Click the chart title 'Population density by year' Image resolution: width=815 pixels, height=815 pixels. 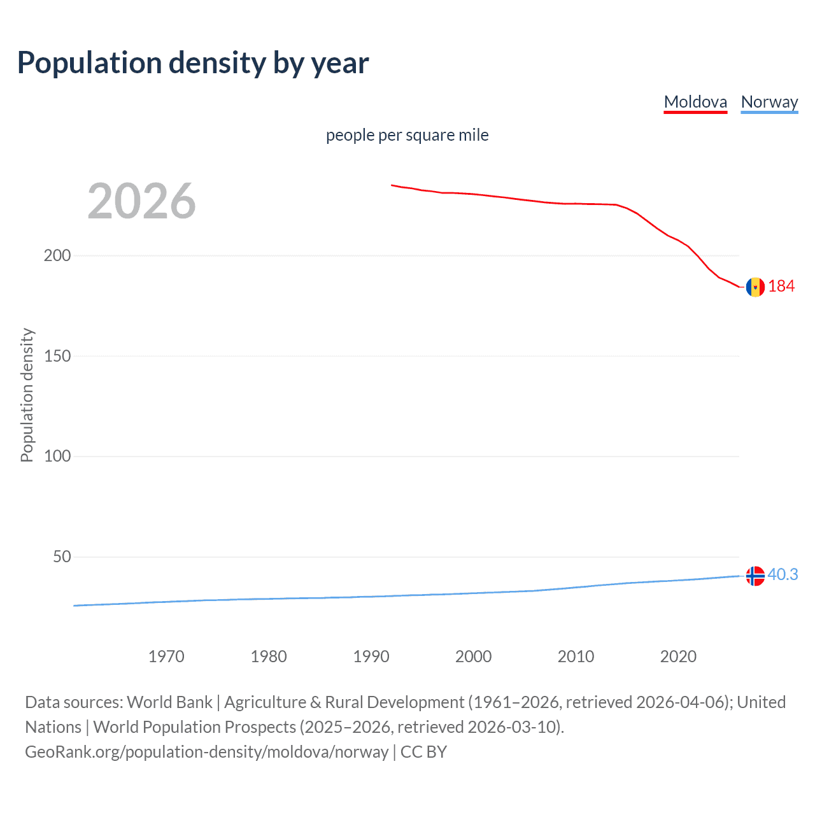pos(193,63)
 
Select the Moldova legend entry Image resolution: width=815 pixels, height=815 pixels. pos(695,102)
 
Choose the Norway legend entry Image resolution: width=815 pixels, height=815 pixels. pos(769,102)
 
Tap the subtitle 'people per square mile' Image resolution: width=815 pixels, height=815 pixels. pos(407,135)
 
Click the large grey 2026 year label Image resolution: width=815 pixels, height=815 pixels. pos(141,201)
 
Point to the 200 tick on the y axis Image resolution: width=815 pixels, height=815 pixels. pos(57,255)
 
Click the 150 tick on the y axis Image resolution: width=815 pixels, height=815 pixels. pos(57,356)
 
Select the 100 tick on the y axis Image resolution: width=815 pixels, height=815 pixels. pos(57,456)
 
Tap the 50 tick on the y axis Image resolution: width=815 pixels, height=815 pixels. pos(62,556)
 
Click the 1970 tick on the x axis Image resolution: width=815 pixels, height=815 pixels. pos(166,656)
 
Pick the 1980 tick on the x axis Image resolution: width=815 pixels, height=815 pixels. pos(269,656)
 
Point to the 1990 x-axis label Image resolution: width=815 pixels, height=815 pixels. pos(371,656)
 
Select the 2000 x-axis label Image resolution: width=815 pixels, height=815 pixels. pos(473,656)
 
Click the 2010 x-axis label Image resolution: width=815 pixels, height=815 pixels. pos(576,656)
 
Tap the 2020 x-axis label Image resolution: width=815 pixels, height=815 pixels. pos(678,656)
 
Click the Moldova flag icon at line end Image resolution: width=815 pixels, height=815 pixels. pos(755,287)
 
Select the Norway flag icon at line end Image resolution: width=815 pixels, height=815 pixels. pos(755,576)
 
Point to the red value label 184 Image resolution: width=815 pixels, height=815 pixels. pos(781,287)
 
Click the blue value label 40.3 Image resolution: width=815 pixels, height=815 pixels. pos(783,574)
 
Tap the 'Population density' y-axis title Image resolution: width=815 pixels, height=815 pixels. pos(27,395)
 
